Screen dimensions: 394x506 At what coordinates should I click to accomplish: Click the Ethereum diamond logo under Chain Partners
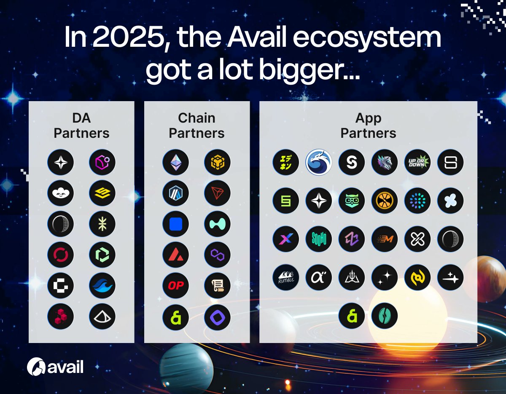click(x=176, y=162)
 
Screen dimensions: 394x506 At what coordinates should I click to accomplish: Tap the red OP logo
click(x=176, y=285)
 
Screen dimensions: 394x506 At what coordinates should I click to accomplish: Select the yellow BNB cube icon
click(x=217, y=162)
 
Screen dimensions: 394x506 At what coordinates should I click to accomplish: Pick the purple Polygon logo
click(x=217, y=255)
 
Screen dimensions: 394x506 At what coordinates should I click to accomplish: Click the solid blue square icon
click(x=176, y=224)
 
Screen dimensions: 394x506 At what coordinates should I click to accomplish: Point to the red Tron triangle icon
click(x=217, y=193)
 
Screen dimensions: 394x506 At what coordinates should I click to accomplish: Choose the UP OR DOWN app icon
click(x=417, y=162)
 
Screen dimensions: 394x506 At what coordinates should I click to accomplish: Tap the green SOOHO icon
click(x=319, y=239)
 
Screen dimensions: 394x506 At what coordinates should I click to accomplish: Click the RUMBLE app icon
click(x=285, y=277)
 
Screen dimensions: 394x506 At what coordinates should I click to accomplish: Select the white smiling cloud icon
click(x=61, y=193)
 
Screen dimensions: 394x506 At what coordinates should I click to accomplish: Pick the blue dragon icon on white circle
click(x=319, y=162)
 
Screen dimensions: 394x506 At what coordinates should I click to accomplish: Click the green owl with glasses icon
click(x=352, y=201)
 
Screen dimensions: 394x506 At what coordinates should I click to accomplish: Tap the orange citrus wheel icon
click(x=385, y=201)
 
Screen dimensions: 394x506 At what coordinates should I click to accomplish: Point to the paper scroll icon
click(x=217, y=285)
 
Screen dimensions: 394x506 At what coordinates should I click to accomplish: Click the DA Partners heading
click(x=81, y=126)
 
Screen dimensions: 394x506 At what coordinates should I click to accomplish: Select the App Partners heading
click(x=368, y=126)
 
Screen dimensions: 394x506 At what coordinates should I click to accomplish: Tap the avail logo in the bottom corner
click(x=55, y=367)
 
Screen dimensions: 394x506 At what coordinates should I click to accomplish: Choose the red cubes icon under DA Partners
click(x=61, y=316)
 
